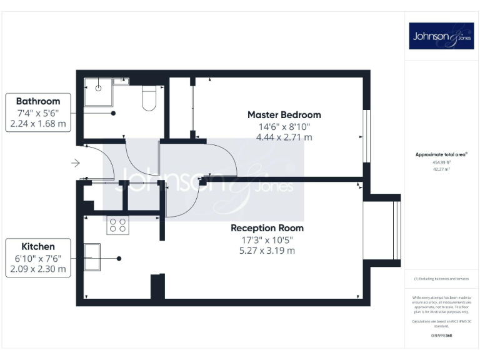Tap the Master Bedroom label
pos(284,115)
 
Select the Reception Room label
pos(267,228)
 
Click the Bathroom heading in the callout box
pos(38,101)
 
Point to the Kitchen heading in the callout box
pos(38,247)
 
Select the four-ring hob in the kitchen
pos(118,225)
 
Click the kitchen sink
pos(92,257)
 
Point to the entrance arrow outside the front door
pos(75,164)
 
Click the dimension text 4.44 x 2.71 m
pos(284,137)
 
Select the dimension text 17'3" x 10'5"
pos(267,240)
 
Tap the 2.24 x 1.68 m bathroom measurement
pos(38,124)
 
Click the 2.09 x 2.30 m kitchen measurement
pos(38,269)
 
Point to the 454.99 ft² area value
pos(441,162)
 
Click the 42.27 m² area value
pos(441,168)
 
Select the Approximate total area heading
pos(441,154)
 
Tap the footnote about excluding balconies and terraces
pos(441,279)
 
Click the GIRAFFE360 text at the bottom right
pos(441,336)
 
